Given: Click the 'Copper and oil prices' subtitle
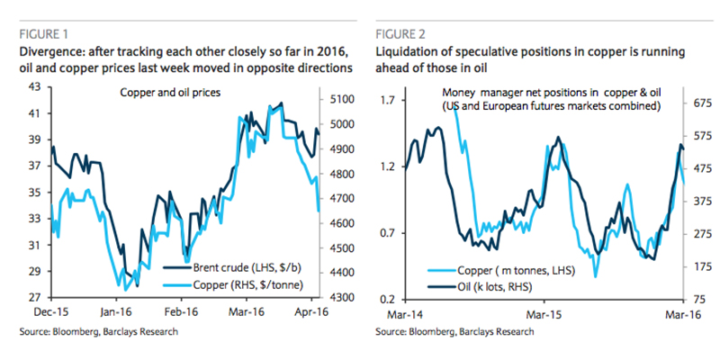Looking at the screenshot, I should click(x=169, y=93).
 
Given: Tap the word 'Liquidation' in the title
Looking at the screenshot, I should click(x=412, y=51).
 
